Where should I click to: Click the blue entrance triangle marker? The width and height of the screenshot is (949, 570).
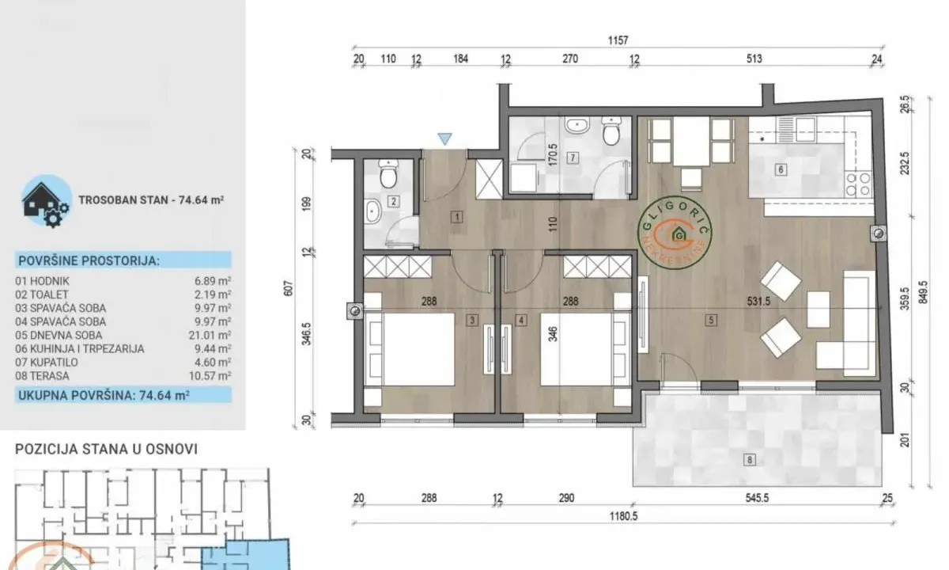[445, 139]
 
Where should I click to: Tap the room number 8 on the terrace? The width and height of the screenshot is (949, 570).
[750, 458]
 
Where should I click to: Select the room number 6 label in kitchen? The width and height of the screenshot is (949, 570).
[780, 169]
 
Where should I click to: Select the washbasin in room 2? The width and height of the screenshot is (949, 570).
[373, 212]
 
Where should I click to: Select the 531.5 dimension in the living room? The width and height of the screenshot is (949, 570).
[710, 301]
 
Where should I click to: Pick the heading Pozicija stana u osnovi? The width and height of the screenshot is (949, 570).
[107, 449]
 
